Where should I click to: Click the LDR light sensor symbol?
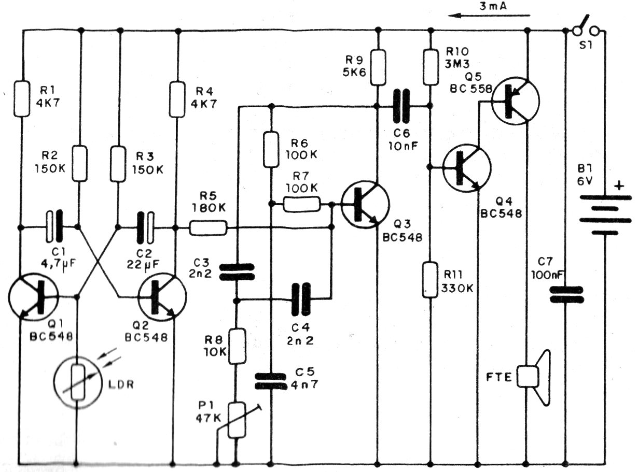coord(77,382)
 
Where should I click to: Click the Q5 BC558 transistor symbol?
coord(515,101)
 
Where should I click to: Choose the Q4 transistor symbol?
coord(466,168)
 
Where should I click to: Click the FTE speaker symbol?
coord(534,377)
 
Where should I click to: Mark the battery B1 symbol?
coord(605,214)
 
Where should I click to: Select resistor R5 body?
coord(207,228)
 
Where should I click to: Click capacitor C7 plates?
coord(566,295)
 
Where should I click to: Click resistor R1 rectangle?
coord(21,98)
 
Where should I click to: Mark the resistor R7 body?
coord(302,205)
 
